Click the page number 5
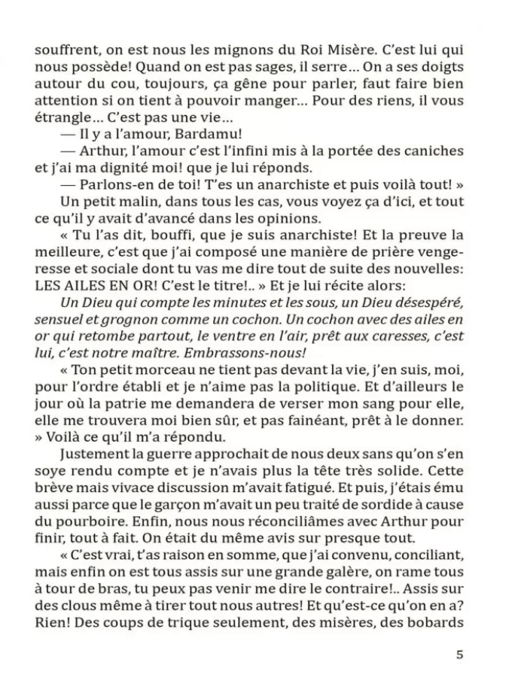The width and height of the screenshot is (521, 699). click(x=459, y=655)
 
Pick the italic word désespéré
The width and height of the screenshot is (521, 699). click(x=434, y=301)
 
